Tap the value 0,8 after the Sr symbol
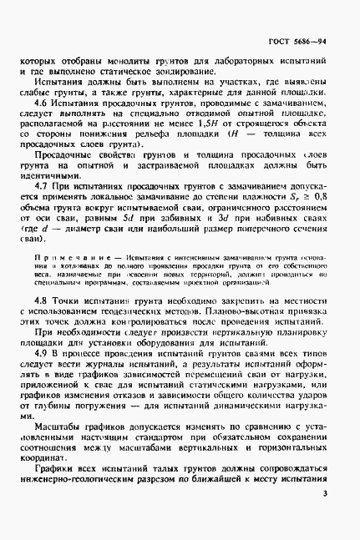318,218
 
